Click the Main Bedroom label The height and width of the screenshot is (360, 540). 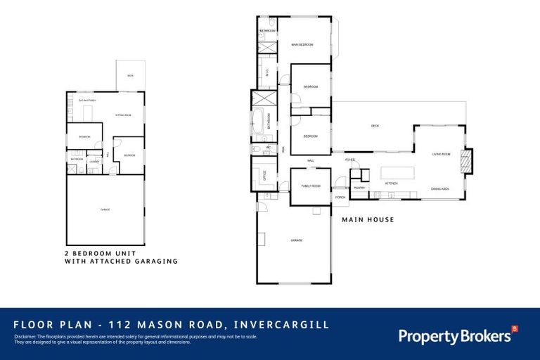302,45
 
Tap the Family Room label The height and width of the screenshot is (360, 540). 310,186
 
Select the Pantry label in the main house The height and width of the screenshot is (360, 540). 359,188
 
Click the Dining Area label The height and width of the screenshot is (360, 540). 440,188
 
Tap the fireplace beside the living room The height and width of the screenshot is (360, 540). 465,161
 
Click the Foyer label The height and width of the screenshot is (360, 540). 349,160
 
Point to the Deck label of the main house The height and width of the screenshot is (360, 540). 375,127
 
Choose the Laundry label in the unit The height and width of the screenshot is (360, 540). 94,162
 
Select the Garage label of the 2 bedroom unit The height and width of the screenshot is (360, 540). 104,210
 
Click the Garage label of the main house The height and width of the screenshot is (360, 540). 297,241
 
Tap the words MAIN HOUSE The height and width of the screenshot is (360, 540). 368,220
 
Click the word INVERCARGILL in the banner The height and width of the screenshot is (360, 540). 285,326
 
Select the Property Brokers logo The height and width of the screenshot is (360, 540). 457,335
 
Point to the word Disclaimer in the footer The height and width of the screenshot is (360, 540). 25,337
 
